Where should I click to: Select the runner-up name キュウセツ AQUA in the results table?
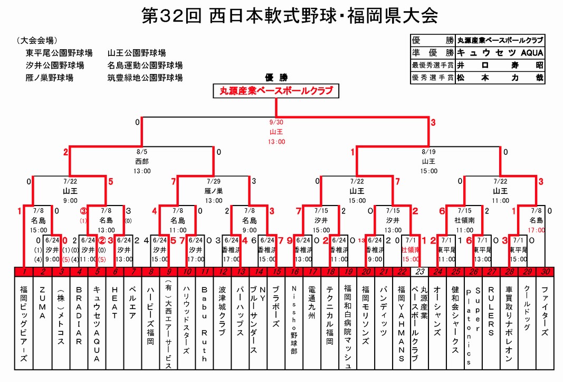(500, 53)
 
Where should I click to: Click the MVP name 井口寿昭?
(500, 66)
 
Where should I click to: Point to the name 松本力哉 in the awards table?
(500, 78)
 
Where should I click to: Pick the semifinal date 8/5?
(141, 152)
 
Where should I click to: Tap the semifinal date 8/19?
(428, 152)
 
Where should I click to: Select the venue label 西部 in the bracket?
(141, 161)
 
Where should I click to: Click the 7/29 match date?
(214, 181)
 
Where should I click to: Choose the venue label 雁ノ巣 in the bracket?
(214, 190)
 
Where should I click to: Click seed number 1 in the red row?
(24, 272)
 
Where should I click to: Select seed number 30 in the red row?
(545, 272)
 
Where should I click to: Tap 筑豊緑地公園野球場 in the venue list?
(145, 78)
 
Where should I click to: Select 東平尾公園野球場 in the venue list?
(59, 53)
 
